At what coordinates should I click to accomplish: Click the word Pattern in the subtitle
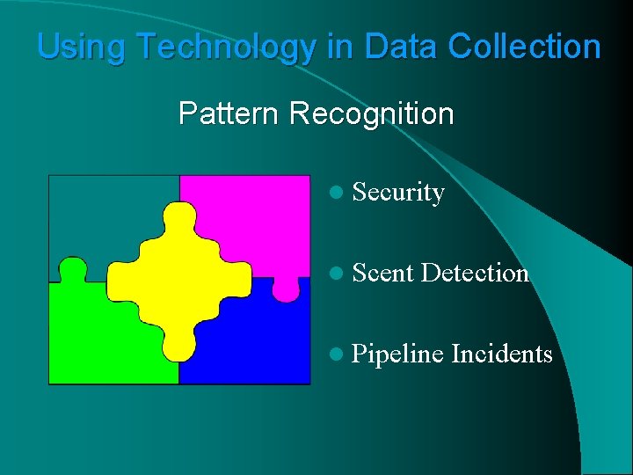click(229, 113)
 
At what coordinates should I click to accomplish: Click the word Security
click(398, 193)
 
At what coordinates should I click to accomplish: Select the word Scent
click(382, 274)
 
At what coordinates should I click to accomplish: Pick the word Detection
click(475, 274)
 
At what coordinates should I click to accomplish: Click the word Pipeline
click(397, 354)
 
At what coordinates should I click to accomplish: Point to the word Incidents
click(501, 354)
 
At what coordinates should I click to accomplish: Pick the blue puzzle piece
click(259, 347)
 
